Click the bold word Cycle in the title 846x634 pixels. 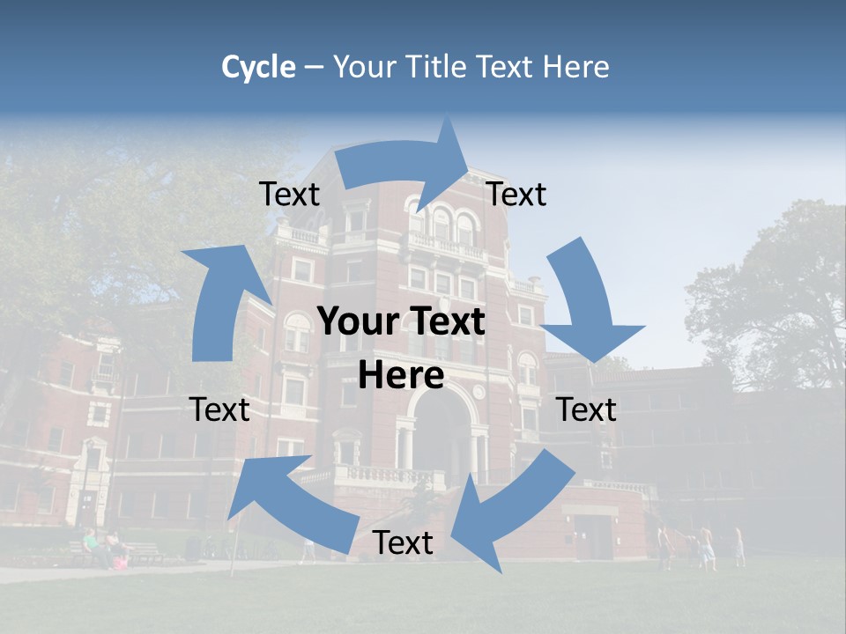pyautogui.click(x=258, y=67)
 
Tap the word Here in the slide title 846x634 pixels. pyautogui.click(x=575, y=67)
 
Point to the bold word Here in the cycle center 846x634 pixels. pyautogui.click(x=401, y=376)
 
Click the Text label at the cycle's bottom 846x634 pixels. pyautogui.click(x=403, y=543)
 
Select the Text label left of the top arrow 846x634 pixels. pyautogui.click(x=289, y=195)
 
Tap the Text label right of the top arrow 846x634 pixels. pyautogui.click(x=516, y=195)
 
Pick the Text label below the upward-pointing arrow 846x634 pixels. pyautogui.click(x=220, y=409)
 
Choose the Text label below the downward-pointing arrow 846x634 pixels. pyautogui.click(x=587, y=409)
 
